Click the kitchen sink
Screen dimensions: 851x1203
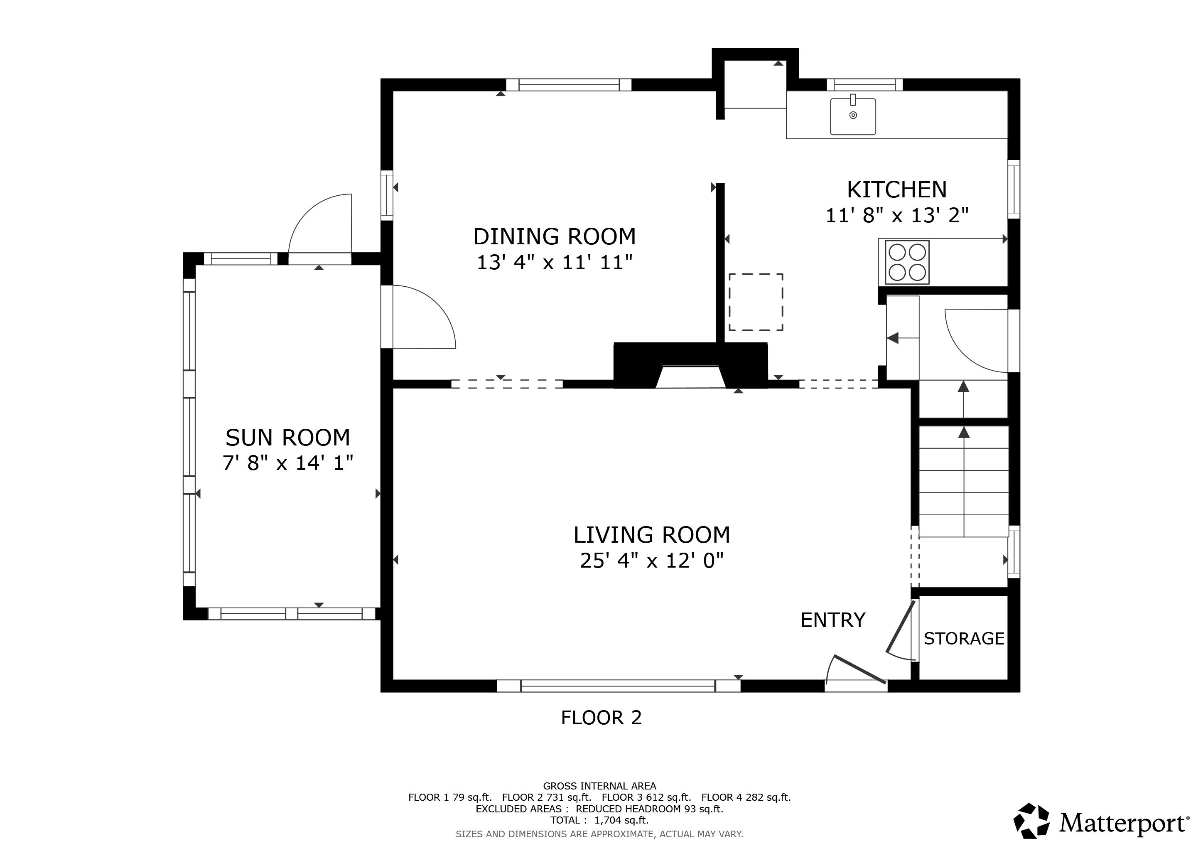pyautogui.click(x=852, y=116)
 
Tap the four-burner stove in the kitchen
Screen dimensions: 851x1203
pyautogui.click(x=907, y=263)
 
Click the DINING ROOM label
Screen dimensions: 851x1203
pyautogui.click(x=554, y=237)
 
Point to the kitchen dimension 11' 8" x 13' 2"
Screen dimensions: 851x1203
pyautogui.click(x=896, y=215)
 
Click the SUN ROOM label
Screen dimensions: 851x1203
pyautogui.click(x=287, y=438)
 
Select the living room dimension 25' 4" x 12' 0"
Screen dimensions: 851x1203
pyautogui.click(x=651, y=561)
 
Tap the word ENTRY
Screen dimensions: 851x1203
pyautogui.click(x=832, y=620)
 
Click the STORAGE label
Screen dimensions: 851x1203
pyautogui.click(x=964, y=639)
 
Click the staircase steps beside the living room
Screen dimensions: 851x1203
pyautogui.click(x=964, y=482)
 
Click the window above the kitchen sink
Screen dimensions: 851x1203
pyautogui.click(x=864, y=85)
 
